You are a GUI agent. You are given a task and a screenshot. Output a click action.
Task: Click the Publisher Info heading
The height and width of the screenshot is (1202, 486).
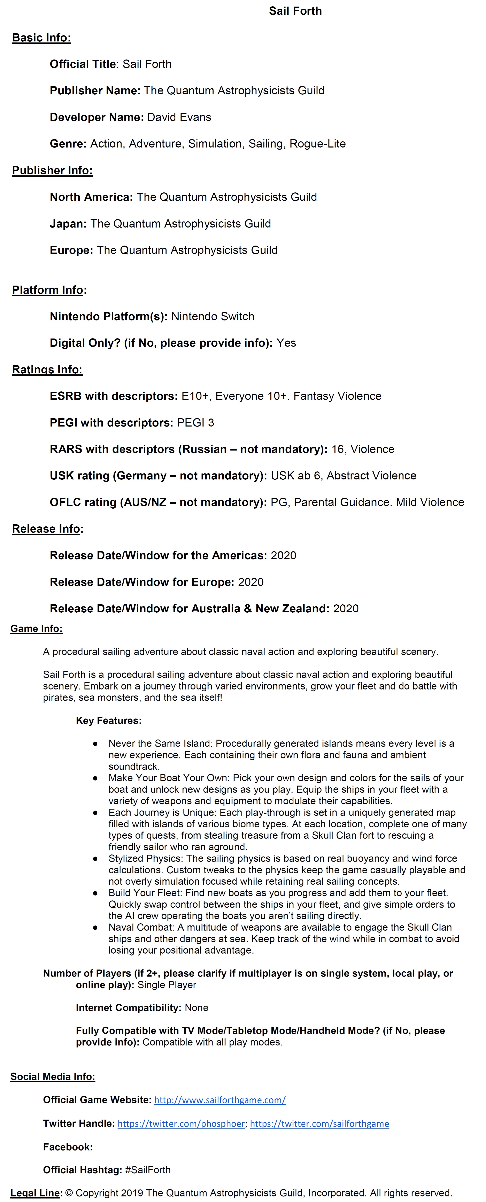click(x=52, y=170)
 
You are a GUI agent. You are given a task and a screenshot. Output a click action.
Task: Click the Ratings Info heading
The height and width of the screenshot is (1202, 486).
click(x=47, y=369)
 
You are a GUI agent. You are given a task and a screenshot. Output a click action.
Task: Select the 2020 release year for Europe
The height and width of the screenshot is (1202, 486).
click(x=251, y=582)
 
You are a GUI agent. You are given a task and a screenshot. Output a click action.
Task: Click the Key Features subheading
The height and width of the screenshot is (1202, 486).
click(x=108, y=721)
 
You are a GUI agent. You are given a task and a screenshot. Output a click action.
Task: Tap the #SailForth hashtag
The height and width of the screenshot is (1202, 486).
click(x=148, y=1170)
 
